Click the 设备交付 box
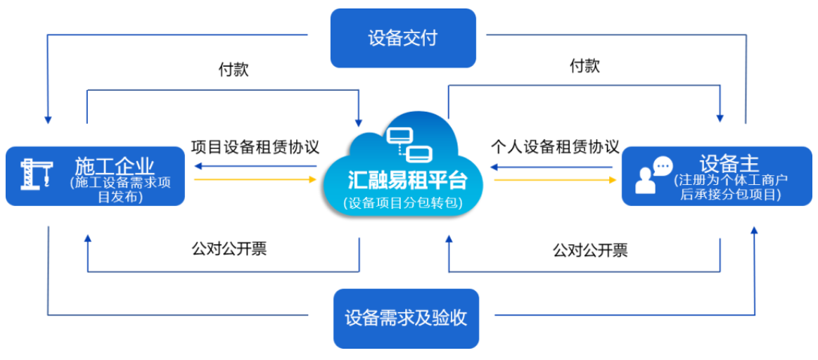(403, 38)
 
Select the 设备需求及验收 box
(406, 318)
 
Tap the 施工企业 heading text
(115, 166)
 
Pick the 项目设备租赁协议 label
(255, 147)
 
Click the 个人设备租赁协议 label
(554, 147)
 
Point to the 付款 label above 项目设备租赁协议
(233, 70)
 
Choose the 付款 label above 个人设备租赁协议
(584, 67)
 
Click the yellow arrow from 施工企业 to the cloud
(255, 179)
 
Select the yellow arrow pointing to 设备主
(554, 180)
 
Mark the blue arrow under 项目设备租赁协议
(255, 167)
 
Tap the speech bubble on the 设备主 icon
(663, 166)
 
